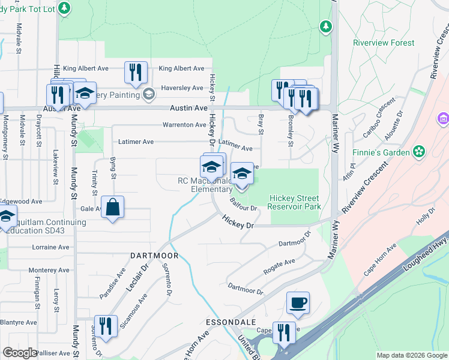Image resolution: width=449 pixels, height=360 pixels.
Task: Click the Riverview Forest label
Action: click(384, 43)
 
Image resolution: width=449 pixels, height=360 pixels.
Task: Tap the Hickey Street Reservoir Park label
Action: click(295, 202)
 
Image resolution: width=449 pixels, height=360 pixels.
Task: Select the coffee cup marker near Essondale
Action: click(298, 303)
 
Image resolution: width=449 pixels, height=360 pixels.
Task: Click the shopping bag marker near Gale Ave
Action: click(112, 208)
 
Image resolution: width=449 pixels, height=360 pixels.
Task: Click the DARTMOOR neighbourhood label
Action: click(154, 256)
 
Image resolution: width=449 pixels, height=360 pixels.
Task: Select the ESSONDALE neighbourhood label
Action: click(227, 322)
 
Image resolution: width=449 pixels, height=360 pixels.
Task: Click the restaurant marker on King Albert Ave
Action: click(136, 73)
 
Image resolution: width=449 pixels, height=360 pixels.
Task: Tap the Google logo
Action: click(20, 353)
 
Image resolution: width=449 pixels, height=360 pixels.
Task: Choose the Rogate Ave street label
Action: click(280, 266)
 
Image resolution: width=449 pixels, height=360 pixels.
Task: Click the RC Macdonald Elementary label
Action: click(203, 185)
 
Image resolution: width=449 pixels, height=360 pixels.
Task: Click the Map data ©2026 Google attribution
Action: click(411, 355)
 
